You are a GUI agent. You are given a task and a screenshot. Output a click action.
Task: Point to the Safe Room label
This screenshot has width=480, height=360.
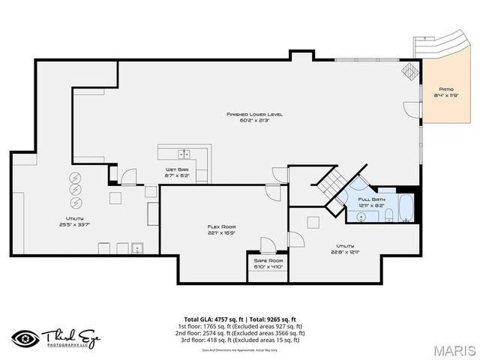[267, 262]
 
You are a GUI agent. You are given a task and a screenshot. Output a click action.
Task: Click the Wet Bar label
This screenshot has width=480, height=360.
[177, 172]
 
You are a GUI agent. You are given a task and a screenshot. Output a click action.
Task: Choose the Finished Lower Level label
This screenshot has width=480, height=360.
[255, 117]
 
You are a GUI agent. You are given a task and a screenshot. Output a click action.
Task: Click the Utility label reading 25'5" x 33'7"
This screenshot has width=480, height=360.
[78, 220]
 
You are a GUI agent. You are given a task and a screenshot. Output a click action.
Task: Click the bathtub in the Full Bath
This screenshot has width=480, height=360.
[405, 208]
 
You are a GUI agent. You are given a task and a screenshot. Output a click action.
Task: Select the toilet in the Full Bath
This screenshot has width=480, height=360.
[389, 216]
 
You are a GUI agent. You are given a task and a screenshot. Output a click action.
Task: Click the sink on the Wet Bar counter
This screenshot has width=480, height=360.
[183, 154]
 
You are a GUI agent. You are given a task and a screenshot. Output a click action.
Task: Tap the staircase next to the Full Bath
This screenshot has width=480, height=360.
[331, 183]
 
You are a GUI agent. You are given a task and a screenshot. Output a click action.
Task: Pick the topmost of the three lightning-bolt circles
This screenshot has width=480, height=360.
[76, 178]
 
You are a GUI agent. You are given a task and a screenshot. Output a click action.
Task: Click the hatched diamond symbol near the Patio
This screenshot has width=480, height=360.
[410, 70]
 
